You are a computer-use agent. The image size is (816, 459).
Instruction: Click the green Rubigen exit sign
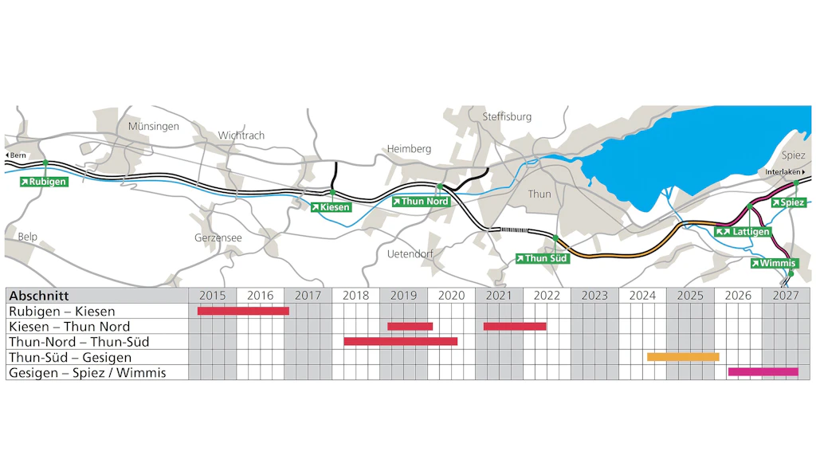click(44, 182)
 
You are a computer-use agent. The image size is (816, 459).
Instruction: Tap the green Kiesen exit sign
click(331, 207)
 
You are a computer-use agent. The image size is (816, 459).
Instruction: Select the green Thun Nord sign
click(421, 202)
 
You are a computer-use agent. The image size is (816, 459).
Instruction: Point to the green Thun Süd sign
click(542, 258)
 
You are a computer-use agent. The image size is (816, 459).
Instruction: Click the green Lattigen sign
click(743, 232)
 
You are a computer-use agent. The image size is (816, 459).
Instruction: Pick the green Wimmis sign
click(773, 263)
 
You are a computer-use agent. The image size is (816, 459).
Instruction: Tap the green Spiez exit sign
click(788, 202)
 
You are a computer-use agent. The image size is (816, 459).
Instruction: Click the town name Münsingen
click(153, 126)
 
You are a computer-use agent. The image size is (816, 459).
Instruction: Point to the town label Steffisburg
click(507, 117)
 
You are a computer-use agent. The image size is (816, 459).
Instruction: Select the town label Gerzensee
click(218, 237)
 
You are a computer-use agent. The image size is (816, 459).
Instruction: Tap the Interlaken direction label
click(786, 172)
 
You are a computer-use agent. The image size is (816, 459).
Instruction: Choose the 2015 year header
click(213, 296)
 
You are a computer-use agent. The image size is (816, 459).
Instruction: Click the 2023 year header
click(594, 296)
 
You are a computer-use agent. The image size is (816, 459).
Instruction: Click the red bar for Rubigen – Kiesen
click(243, 311)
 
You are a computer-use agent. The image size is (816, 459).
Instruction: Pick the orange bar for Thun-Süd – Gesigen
click(683, 356)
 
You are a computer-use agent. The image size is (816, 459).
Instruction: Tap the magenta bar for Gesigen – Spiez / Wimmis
click(763, 371)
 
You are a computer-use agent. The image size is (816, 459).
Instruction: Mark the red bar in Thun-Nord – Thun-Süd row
click(400, 341)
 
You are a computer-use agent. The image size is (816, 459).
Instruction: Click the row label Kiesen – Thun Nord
click(69, 326)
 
